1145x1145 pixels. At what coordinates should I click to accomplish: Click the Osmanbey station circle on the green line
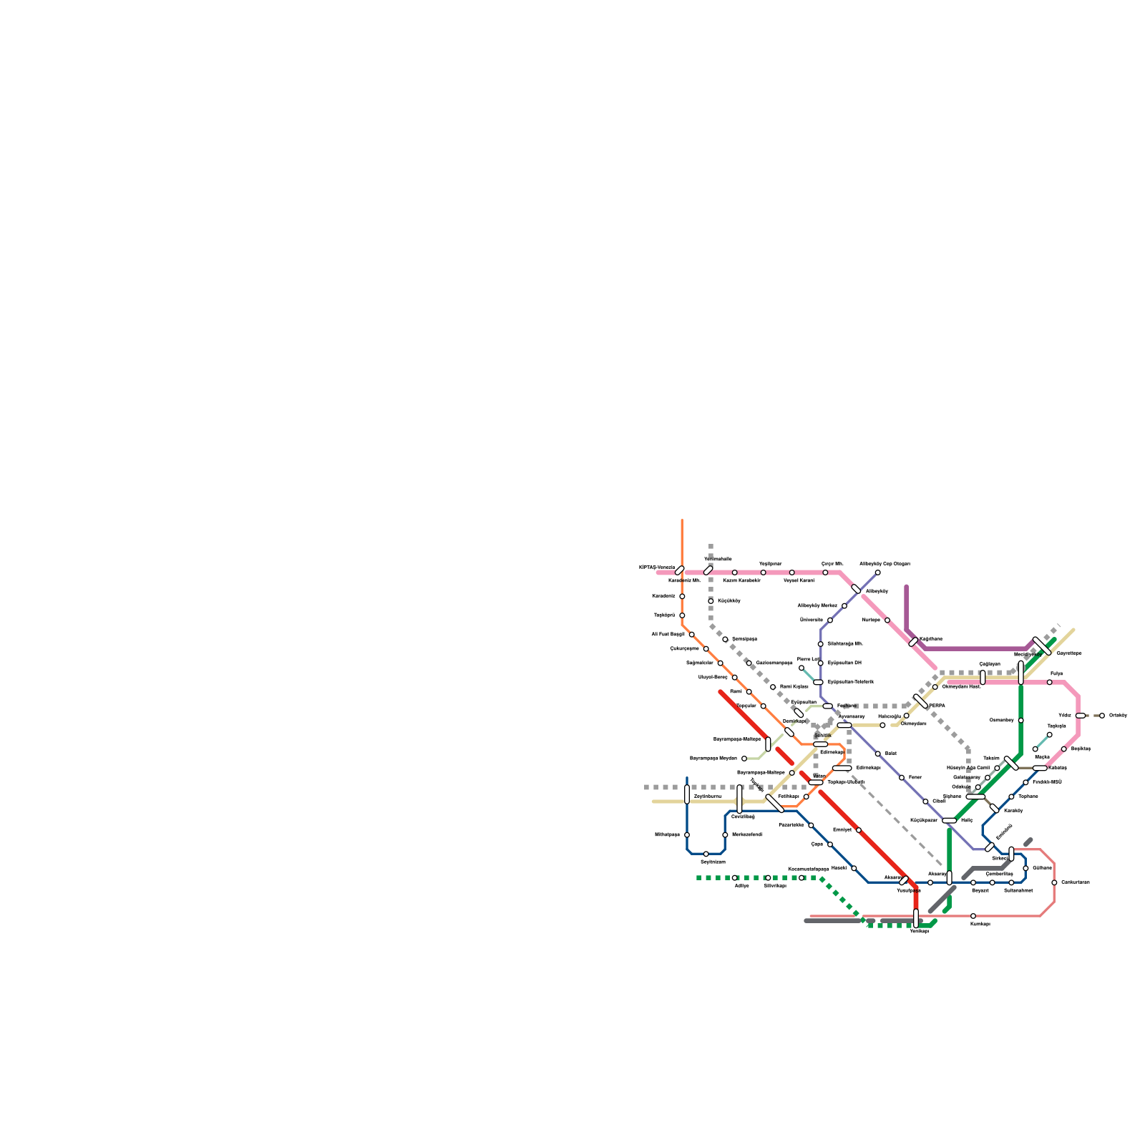point(1020,720)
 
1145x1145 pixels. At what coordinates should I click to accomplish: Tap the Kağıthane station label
point(931,639)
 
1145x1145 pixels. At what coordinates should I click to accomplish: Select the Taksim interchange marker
point(1011,763)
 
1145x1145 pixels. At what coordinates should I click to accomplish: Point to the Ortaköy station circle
point(1102,716)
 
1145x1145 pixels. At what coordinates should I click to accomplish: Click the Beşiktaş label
point(1081,749)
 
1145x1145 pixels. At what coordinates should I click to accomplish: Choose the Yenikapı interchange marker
point(916,918)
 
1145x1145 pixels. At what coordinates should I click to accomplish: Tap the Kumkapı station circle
point(973,916)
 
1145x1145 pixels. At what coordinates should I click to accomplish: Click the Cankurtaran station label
point(1075,882)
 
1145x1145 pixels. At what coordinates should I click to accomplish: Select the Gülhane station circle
point(1025,868)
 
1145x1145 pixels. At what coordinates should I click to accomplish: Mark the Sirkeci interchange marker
point(1011,853)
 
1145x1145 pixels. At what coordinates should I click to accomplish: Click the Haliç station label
point(967,820)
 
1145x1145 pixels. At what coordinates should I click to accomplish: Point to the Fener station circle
point(902,777)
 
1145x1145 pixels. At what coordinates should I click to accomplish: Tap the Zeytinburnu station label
point(708,796)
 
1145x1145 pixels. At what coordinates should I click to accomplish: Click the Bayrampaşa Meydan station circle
point(744,759)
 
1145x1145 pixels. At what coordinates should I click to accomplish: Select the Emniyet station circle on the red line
point(859,830)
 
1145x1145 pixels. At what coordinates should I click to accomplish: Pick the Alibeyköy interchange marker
point(857,589)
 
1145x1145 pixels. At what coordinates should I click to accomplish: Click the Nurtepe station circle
point(887,620)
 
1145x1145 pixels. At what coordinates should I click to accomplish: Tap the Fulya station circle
point(1050,682)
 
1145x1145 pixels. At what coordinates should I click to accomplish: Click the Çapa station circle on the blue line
point(830,844)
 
